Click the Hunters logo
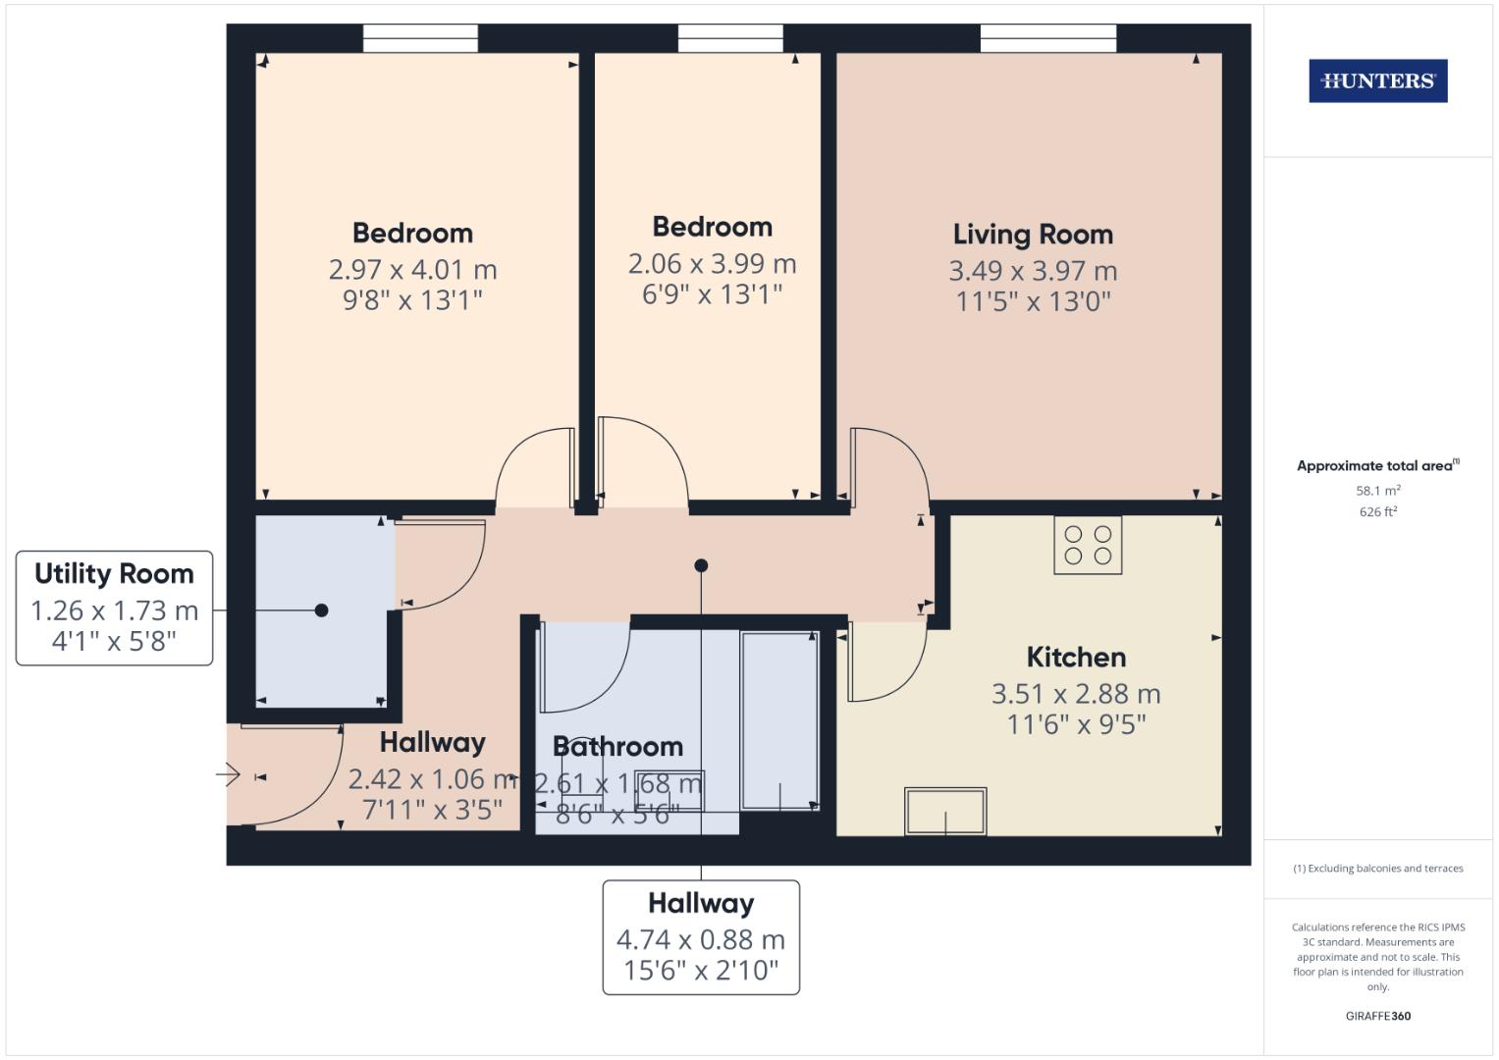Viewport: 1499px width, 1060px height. (x=1377, y=81)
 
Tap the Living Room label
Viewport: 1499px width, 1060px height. (x=1033, y=235)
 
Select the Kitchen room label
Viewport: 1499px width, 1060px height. (x=1076, y=657)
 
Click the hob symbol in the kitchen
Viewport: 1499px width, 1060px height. (x=1088, y=545)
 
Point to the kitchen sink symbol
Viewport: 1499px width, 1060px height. (x=945, y=811)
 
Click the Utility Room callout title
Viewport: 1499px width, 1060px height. (x=114, y=573)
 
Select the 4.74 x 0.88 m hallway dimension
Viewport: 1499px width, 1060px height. (x=700, y=939)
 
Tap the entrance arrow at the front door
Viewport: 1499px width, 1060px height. (x=228, y=776)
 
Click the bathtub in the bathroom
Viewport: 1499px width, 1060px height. (x=779, y=720)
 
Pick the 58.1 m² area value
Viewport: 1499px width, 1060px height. (x=1377, y=490)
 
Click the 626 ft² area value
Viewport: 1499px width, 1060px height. (x=1377, y=511)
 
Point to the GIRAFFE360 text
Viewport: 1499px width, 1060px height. (x=1377, y=1016)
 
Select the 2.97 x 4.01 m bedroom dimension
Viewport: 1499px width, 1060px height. (x=412, y=269)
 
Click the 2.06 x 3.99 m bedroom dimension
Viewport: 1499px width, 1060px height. (x=712, y=263)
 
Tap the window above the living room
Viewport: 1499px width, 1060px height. (x=1047, y=38)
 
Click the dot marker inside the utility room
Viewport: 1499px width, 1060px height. (x=321, y=610)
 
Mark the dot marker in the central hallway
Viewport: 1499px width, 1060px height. (x=701, y=565)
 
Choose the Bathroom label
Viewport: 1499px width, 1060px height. (x=617, y=746)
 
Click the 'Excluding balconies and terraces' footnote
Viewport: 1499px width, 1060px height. (x=1377, y=869)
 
